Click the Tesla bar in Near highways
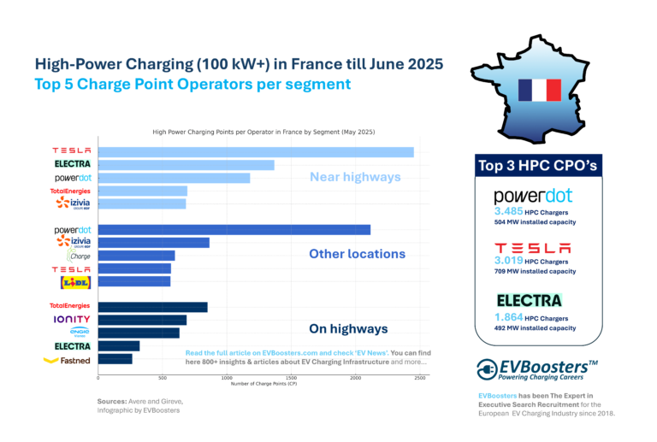coord(256,152)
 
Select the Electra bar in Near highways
coord(186,165)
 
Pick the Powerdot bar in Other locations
coord(234,229)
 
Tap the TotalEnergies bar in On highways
coord(153,307)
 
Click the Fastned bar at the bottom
coord(115,359)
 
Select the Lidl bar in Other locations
coord(134,281)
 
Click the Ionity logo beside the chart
coord(73,320)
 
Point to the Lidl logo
coord(73,281)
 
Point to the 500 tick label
coord(163,377)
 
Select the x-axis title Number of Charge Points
coord(264,383)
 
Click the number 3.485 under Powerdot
coord(512,210)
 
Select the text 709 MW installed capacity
coord(535,271)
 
